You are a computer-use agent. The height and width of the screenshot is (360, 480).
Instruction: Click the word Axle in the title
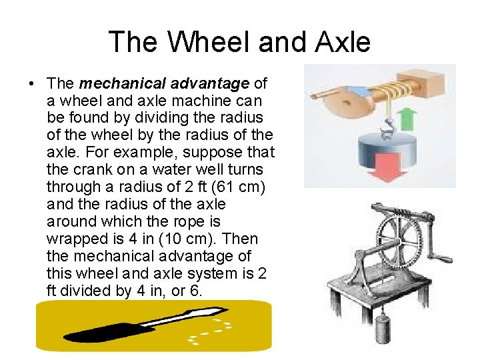click(x=339, y=42)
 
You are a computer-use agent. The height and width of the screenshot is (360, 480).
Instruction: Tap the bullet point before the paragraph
click(x=31, y=84)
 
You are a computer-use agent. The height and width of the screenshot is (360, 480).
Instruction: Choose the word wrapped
click(x=75, y=239)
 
